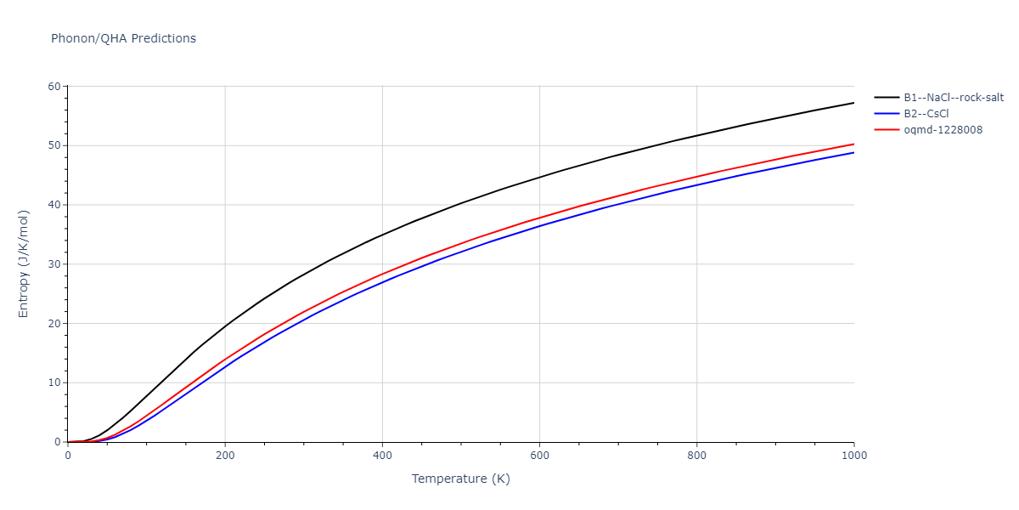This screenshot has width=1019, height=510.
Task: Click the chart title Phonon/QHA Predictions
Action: (x=123, y=38)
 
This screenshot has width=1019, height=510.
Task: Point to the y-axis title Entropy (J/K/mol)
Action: (x=24, y=263)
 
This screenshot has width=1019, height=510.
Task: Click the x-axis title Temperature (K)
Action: (x=461, y=479)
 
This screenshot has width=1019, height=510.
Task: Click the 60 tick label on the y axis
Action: (x=54, y=87)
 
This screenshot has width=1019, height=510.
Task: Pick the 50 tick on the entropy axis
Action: (x=54, y=145)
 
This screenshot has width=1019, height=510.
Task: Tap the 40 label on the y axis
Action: (x=54, y=205)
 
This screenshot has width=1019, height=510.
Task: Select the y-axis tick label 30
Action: (x=54, y=264)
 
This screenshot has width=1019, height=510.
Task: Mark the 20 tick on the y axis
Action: (x=54, y=324)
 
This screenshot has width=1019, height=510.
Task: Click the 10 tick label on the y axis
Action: (x=54, y=382)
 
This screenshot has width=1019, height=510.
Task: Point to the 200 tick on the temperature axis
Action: (x=225, y=455)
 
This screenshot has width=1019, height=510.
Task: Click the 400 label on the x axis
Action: (x=382, y=455)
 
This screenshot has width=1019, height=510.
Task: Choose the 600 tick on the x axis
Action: (x=539, y=455)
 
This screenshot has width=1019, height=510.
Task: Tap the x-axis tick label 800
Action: (x=696, y=455)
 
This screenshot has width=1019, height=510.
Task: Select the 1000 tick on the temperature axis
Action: (x=853, y=455)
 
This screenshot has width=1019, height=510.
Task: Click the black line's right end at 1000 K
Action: (x=853, y=103)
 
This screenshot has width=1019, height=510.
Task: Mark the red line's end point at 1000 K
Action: (x=853, y=144)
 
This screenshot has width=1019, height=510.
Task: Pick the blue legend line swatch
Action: (x=887, y=114)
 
